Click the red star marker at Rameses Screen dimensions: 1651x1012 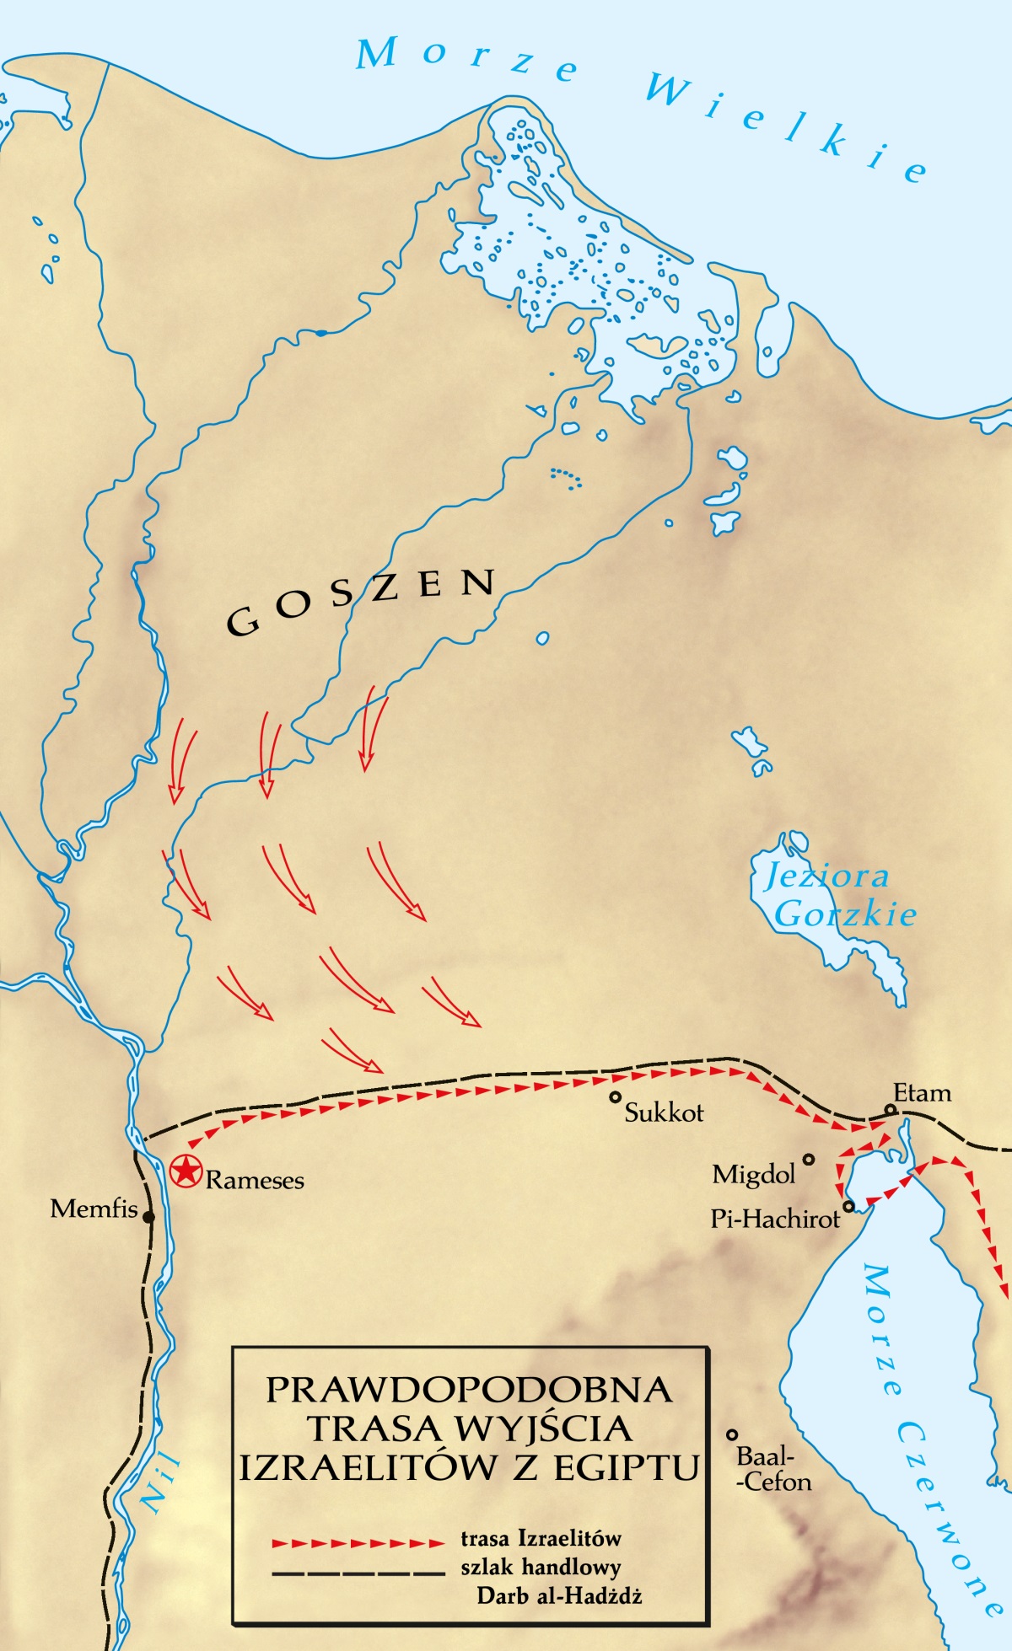point(186,1171)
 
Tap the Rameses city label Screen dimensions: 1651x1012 point(255,1180)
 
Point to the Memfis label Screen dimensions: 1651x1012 point(94,1209)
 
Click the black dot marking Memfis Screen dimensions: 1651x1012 point(148,1217)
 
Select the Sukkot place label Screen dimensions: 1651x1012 point(664,1112)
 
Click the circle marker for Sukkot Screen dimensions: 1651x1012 point(616,1097)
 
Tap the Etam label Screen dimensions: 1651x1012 point(922,1093)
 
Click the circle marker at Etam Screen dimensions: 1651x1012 point(890,1110)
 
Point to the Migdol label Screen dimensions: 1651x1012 point(754,1174)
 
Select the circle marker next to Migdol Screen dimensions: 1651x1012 point(808,1160)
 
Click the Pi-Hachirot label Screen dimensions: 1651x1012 point(775,1219)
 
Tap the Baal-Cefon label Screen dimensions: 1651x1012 point(773,1469)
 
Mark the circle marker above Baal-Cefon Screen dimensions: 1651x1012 point(732,1434)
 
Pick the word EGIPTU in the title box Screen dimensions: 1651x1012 point(627,1467)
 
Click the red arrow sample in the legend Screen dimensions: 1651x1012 point(358,1543)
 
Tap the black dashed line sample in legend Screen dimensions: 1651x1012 point(358,1572)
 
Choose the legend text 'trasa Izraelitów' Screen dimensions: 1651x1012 point(541,1538)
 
